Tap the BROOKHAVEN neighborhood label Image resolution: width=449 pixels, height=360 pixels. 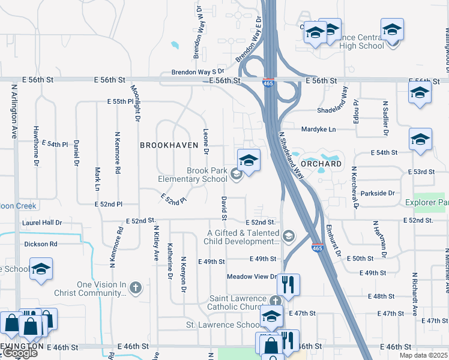[169, 145]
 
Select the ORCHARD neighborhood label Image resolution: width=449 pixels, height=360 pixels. [321, 163]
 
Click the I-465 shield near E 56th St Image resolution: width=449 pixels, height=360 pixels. [268, 83]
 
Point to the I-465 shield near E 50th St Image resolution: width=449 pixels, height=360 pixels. [317, 247]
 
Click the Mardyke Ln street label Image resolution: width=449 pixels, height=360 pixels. [319, 129]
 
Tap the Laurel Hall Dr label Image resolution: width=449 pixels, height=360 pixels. [42, 222]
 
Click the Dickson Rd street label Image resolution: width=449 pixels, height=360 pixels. [41, 244]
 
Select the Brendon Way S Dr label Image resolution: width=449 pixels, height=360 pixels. [181, 71]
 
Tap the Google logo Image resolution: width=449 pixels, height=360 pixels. [20, 353]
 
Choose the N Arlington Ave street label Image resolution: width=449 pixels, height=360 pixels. [14, 112]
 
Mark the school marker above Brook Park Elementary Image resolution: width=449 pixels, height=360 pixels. [249, 160]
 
